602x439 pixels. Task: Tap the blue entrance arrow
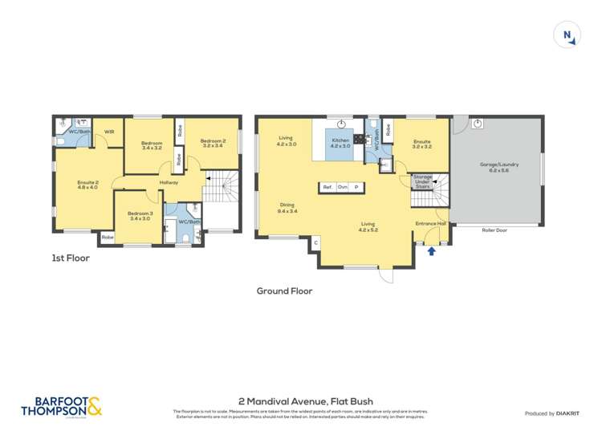[433, 252]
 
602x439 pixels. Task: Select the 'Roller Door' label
[494, 230]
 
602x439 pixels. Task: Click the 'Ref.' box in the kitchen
[327, 187]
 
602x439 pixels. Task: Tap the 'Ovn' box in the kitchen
[342, 187]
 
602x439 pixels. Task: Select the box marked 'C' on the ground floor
[315, 242]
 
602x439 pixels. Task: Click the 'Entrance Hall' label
[429, 223]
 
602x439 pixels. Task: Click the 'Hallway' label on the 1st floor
[169, 183]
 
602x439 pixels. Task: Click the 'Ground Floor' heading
[284, 291]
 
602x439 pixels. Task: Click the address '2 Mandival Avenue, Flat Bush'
[306, 401]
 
